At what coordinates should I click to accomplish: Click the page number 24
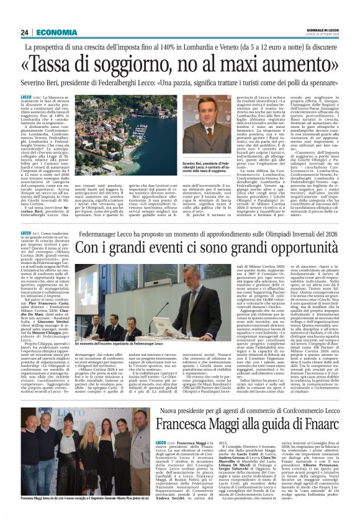click(x=25, y=32)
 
